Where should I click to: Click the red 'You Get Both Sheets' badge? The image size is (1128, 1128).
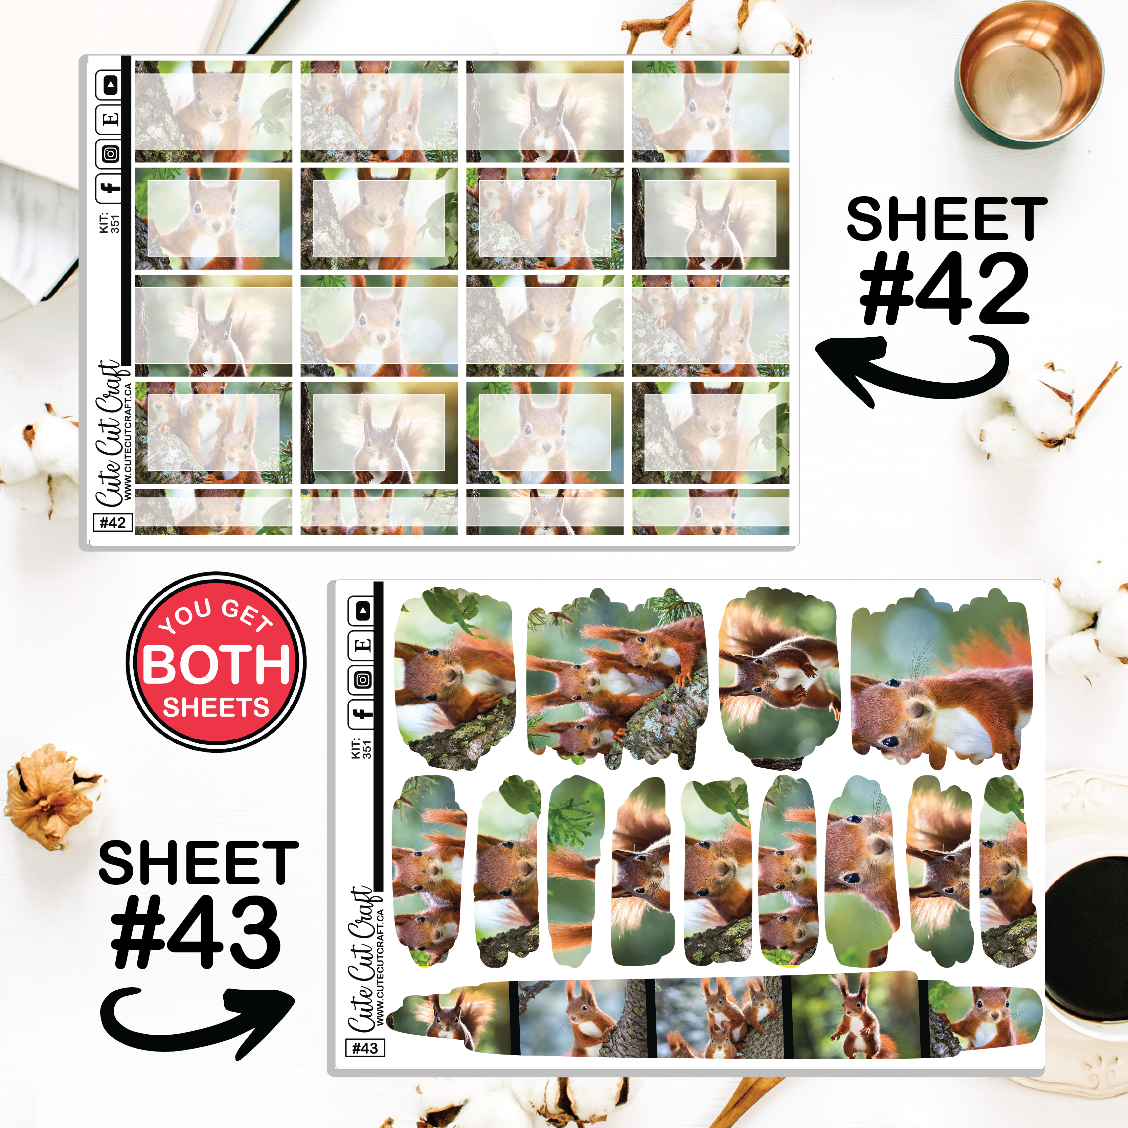click(x=216, y=661)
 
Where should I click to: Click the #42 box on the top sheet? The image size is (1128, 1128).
click(x=113, y=522)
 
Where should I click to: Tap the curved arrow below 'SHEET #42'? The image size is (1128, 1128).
click(x=911, y=368)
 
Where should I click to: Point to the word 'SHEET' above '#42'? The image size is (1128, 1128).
click(x=946, y=219)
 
